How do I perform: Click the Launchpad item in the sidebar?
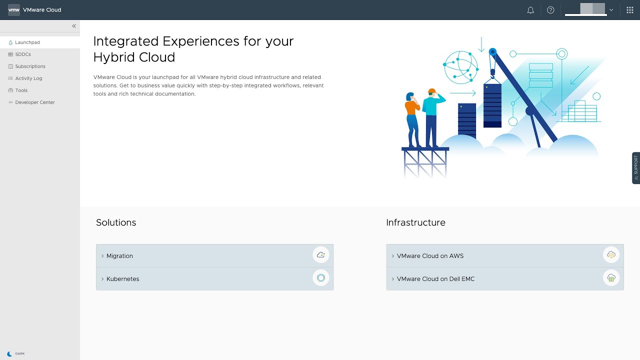pyautogui.click(x=27, y=42)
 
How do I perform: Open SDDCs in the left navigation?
pyautogui.click(x=23, y=54)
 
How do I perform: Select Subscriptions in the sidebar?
pyautogui.click(x=30, y=66)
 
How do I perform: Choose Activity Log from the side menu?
pyautogui.click(x=28, y=78)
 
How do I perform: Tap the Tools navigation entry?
pyautogui.click(x=21, y=90)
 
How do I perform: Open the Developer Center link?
pyautogui.click(x=34, y=102)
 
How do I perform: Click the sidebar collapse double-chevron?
pyautogui.click(x=74, y=26)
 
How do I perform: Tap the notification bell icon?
pyautogui.click(x=530, y=10)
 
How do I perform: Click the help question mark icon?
pyautogui.click(x=550, y=10)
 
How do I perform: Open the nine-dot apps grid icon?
pyautogui.click(x=629, y=10)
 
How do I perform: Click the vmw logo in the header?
pyautogui.click(x=13, y=10)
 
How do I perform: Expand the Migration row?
pyautogui.click(x=119, y=255)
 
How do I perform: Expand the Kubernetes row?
pyautogui.click(x=122, y=279)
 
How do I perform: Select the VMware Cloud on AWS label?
pyautogui.click(x=430, y=255)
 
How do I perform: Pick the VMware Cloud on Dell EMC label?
pyautogui.click(x=435, y=279)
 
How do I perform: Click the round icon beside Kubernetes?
pyautogui.click(x=321, y=277)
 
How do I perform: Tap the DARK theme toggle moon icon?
pyautogui.click(x=9, y=354)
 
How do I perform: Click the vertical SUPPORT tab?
pyautogui.click(x=636, y=167)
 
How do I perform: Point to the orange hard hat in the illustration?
pyautogui.click(x=431, y=91)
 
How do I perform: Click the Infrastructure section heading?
pyautogui.click(x=415, y=222)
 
